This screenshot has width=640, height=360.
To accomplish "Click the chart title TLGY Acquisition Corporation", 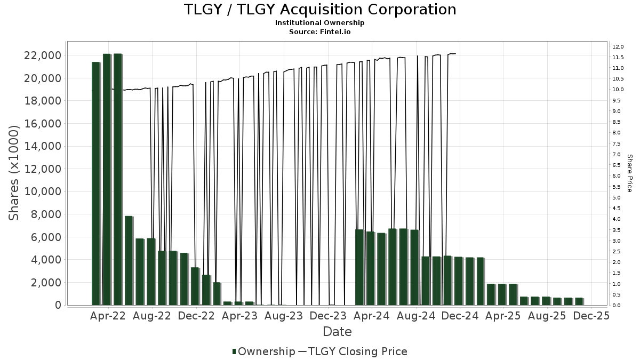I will click(320, 10).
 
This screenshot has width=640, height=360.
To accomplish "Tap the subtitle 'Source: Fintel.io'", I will click(320, 31).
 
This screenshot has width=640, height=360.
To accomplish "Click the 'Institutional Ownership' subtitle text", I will click(320, 23).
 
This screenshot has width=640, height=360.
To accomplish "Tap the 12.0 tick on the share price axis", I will click(618, 46).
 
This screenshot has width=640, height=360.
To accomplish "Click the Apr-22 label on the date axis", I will click(109, 316).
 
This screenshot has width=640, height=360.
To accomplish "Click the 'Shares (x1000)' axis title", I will click(15, 172).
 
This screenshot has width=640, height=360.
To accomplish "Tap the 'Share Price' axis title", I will click(629, 173).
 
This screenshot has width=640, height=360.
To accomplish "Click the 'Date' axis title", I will click(337, 332).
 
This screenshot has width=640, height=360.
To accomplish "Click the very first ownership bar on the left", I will click(96, 183).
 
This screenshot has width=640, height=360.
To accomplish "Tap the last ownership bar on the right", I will click(579, 301).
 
